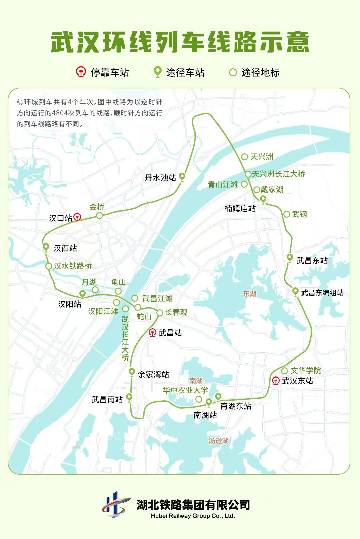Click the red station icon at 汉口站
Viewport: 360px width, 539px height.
coord(77,218)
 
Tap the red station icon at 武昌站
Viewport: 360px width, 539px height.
coord(152,332)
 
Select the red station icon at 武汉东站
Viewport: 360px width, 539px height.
coord(276,381)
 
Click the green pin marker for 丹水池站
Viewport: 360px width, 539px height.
coord(182,176)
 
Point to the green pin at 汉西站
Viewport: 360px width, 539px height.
coord(46,247)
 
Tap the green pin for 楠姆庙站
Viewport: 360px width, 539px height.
coord(263,199)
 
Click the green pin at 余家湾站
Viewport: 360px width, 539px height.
coord(132,372)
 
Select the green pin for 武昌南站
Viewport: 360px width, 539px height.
coord(129,397)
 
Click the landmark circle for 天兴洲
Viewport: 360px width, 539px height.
coord(244,157)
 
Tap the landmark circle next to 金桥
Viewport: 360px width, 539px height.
coord(99,216)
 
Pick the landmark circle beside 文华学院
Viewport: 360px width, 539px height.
coord(284,371)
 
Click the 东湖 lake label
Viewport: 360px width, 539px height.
coord(249,294)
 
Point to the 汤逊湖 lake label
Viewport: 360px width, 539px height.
coord(218,441)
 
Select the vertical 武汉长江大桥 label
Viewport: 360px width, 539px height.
coord(125,338)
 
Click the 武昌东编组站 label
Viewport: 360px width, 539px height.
coord(322,293)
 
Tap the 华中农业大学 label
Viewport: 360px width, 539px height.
coord(185,390)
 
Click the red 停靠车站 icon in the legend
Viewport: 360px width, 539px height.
coord(81,72)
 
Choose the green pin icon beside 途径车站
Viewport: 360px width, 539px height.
coord(157,72)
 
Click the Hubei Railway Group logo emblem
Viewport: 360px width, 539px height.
coord(115,505)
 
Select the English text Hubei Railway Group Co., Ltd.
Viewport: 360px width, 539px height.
coord(193,516)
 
